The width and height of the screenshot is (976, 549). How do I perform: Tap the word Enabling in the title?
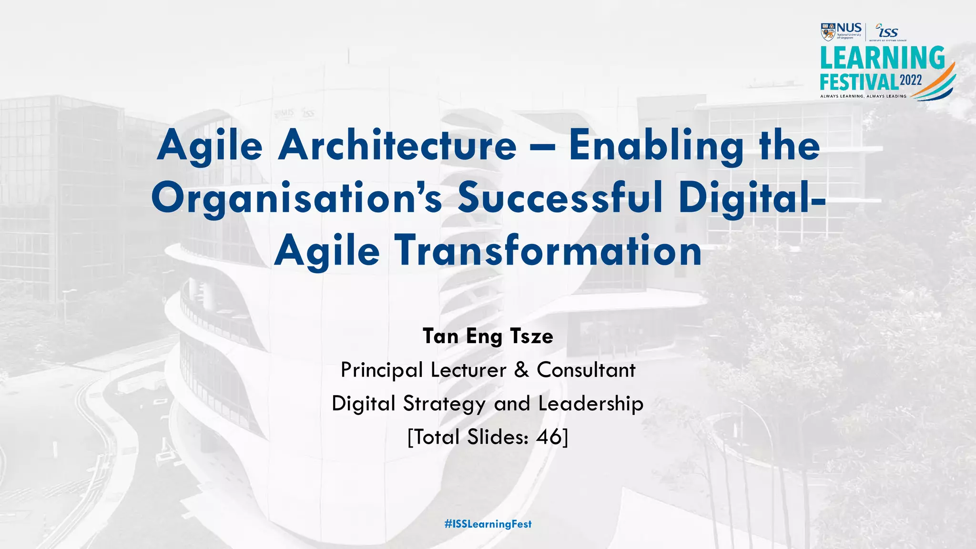click(656, 146)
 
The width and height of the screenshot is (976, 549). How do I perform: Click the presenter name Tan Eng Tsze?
click(488, 336)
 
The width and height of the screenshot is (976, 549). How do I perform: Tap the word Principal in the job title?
click(382, 370)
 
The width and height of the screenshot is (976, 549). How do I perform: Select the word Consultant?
click(586, 370)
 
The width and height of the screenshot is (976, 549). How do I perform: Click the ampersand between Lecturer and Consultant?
click(521, 370)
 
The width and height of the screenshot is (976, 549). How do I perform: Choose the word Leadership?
click(591, 404)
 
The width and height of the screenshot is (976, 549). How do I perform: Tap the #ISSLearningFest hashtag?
click(488, 524)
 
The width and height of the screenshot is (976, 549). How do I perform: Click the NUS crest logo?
click(828, 32)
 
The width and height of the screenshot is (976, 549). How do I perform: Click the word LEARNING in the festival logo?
click(882, 58)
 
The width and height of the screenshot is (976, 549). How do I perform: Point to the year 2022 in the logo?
click(911, 80)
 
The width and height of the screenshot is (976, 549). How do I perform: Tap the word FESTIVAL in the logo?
click(859, 82)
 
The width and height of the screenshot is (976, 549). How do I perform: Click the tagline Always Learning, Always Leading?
click(863, 96)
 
